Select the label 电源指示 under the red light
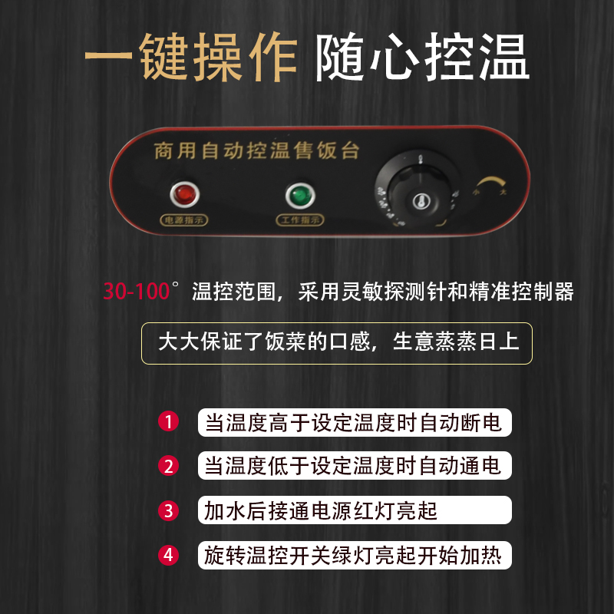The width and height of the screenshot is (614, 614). pyautogui.click(x=183, y=220)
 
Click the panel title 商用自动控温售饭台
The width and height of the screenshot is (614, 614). pyautogui.click(x=256, y=150)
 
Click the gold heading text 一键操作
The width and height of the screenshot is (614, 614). pyautogui.click(x=190, y=58)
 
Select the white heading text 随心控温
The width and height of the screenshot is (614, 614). pyautogui.click(x=422, y=58)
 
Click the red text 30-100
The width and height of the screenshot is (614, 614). pyautogui.click(x=137, y=292)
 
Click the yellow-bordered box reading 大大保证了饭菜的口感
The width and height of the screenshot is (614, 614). pyautogui.click(x=338, y=342)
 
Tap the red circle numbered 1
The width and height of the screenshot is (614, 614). pyautogui.click(x=168, y=422)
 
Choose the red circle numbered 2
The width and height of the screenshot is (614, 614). pyautogui.click(x=168, y=466)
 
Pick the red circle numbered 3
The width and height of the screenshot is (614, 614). pyautogui.click(x=168, y=510)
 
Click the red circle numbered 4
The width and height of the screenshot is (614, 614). pyautogui.click(x=168, y=555)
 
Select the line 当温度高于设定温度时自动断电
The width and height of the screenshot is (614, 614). pyautogui.click(x=354, y=422)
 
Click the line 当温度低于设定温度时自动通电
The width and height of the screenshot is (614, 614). pyautogui.click(x=354, y=466)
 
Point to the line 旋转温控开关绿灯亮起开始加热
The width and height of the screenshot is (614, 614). pyautogui.click(x=354, y=555)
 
